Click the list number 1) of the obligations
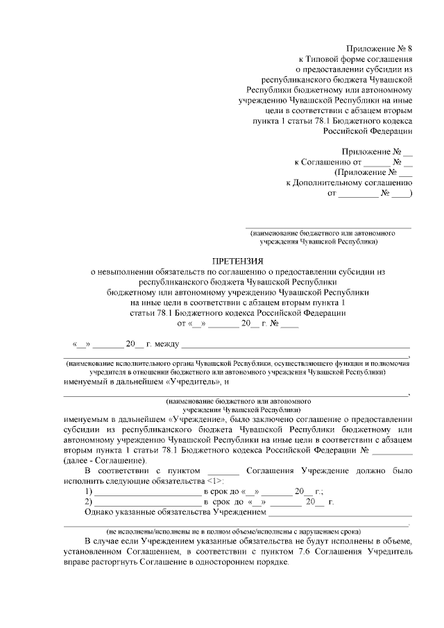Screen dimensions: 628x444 tap(87, 491)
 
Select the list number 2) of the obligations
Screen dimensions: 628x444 tap(87, 502)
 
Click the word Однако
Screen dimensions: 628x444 tap(98, 513)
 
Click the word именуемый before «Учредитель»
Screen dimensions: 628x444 tap(89, 382)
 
